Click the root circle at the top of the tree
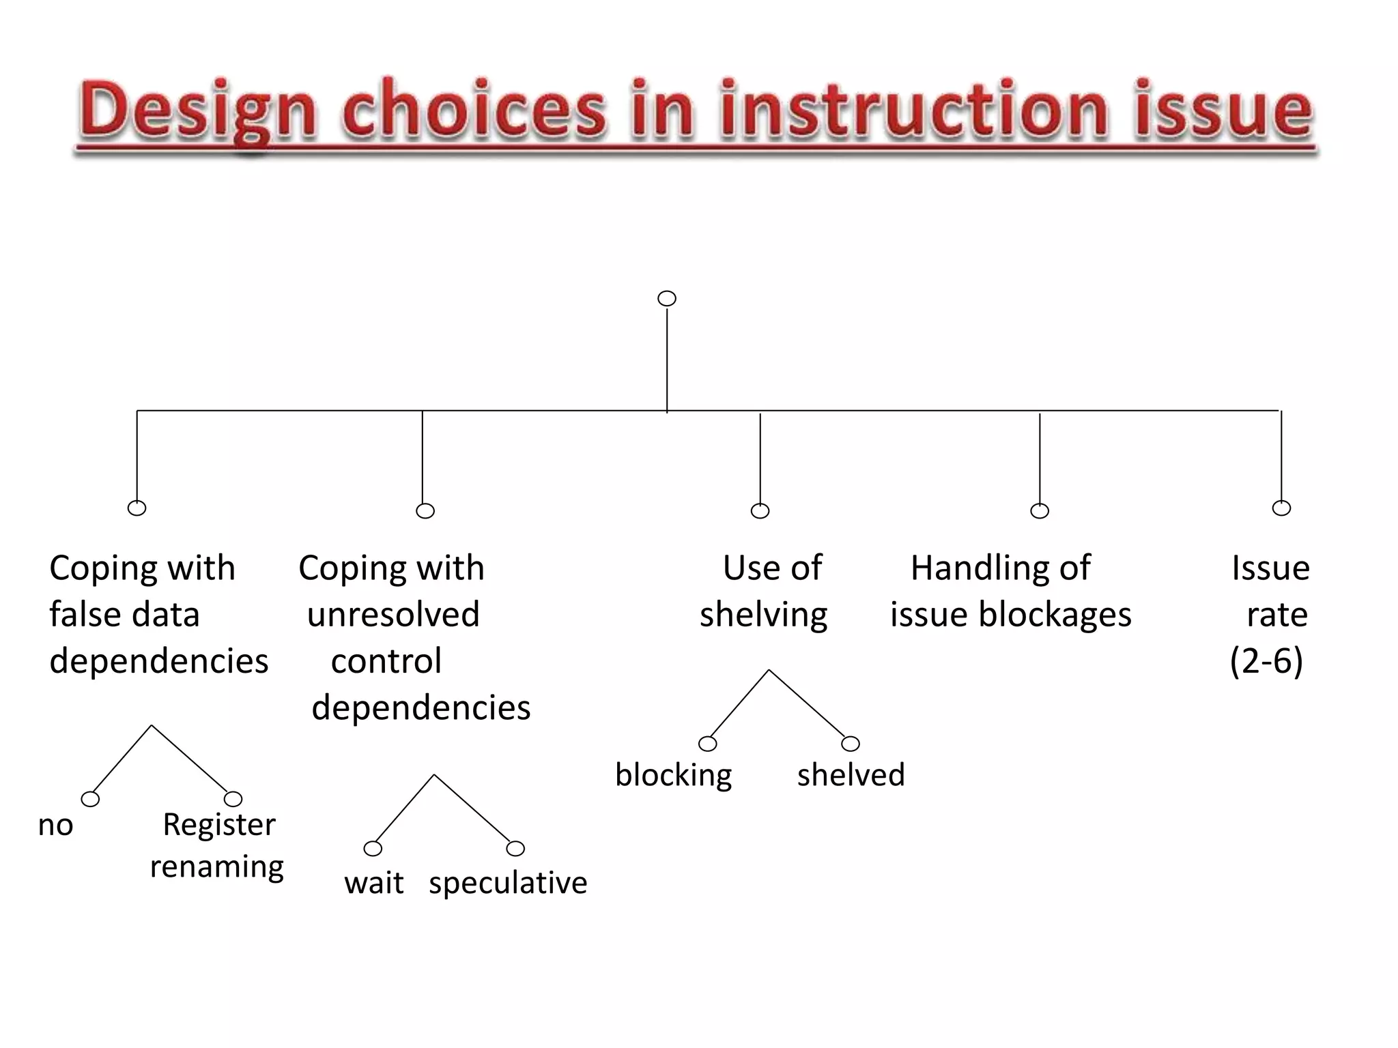(x=667, y=299)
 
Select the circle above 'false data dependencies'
(x=137, y=508)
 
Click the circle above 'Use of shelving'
(x=760, y=511)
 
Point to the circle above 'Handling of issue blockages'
(x=1040, y=511)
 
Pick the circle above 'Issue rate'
(x=1281, y=508)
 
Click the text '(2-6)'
(x=1266, y=661)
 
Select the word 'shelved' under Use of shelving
(x=851, y=775)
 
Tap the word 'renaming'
(x=216, y=867)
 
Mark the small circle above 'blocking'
(x=708, y=744)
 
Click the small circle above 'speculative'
(x=515, y=849)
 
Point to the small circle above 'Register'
(x=233, y=799)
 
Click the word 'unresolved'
(x=393, y=615)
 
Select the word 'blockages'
(x=1055, y=615)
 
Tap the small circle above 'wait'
(x=373, y=849)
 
